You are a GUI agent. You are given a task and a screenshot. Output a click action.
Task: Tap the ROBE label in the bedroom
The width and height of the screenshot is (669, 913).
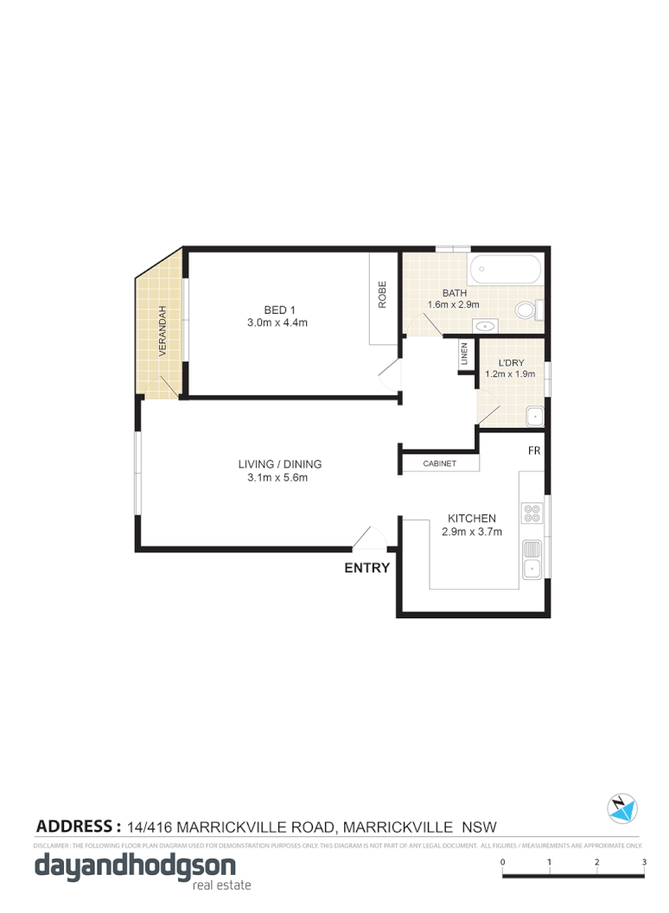382,296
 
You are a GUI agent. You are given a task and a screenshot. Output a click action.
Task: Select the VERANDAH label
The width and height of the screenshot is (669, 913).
161,333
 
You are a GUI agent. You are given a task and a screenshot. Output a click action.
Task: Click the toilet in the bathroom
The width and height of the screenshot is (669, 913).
526,310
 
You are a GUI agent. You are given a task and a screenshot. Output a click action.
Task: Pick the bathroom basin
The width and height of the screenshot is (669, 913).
487,327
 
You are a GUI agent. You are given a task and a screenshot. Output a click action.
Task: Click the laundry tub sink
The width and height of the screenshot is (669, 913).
535,417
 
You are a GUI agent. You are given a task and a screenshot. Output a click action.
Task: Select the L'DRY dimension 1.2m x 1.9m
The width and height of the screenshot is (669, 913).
510,374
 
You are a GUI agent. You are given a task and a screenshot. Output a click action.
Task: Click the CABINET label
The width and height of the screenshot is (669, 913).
440,464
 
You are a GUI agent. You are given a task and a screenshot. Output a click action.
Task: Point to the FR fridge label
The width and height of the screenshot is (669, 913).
535,451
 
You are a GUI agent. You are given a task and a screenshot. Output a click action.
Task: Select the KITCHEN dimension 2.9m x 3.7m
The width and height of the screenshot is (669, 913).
471,532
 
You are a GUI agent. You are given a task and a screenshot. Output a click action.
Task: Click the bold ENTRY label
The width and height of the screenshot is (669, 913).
367,568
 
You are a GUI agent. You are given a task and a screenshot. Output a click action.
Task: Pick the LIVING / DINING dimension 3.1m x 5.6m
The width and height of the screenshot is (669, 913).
279,476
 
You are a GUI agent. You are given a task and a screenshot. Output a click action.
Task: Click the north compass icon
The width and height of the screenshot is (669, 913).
621,808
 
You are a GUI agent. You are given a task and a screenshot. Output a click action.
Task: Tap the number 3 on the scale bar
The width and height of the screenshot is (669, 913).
644,862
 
